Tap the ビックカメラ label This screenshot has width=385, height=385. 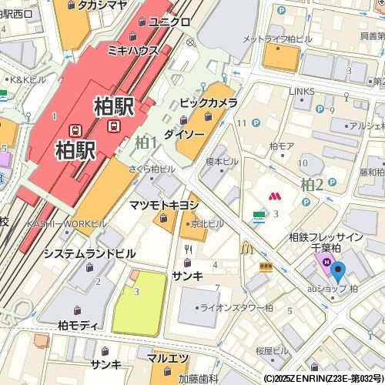point(208,102)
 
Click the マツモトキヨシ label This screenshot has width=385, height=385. point(164,205)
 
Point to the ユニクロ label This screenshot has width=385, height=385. point(169,22)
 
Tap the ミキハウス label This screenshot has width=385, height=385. point(132,50)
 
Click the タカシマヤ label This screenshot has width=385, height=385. point(102,5)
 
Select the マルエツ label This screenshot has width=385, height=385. point(169,359)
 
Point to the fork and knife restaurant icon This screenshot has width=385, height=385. point(188,249)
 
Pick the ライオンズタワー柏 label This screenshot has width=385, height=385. point(236,307)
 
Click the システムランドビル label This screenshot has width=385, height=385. point(89,253)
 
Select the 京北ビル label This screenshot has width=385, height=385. point(207,223)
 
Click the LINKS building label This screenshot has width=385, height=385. point(301,91)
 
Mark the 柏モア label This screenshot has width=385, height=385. point(282,146)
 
